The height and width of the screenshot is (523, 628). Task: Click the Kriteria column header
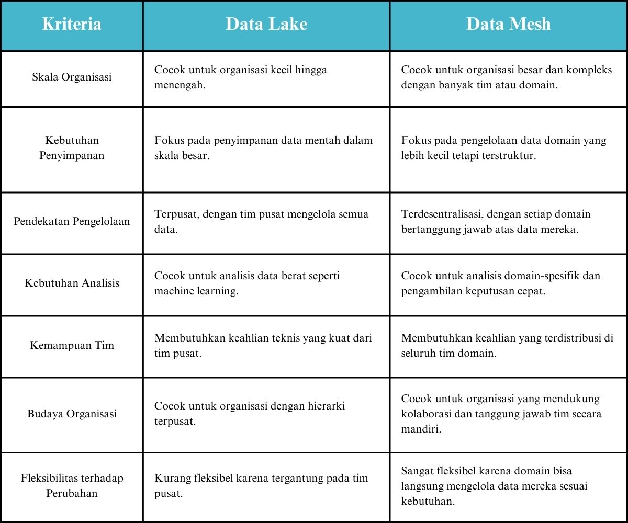tap(72, 25)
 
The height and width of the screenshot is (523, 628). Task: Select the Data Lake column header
tap(266, 25)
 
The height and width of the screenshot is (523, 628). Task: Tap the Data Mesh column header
tap(508, 25)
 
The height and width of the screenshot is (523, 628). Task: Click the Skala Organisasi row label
tap(72, 77)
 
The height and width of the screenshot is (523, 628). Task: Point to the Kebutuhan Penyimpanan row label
tap(72, 148)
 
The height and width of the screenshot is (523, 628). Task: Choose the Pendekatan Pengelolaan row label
tap(72, 221)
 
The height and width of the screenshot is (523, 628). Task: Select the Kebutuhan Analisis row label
tap(72, 283)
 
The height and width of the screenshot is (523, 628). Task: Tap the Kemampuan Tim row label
tap(72, 345)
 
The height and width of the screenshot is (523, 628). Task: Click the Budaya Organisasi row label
tap(72, 414)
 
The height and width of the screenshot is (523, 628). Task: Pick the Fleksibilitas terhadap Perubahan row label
tap(72, 485)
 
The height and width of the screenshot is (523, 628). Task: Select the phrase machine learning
tap(195, 291)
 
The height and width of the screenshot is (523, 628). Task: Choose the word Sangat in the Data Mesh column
tap(418, 470)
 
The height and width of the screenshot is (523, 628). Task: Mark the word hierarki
tap(326, 406)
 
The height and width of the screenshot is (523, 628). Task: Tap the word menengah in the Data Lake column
tap(178, 85)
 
